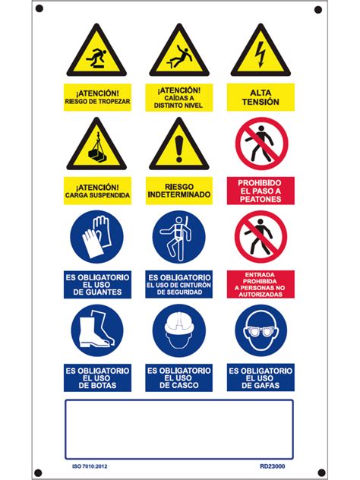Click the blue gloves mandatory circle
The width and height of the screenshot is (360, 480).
tap(96, 237)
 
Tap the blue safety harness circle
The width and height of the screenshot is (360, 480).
tap(179, 237)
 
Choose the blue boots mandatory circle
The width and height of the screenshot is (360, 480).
tap(97, 330)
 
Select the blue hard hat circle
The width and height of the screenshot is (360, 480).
tap(179, 330)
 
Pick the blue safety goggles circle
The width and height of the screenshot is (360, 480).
tap(261, 330)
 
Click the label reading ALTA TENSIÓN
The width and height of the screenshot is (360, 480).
tap(261, 97)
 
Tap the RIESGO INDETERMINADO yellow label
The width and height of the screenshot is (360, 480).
tap(179, 191)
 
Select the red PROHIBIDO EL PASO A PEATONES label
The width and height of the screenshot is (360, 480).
tap(261, 191)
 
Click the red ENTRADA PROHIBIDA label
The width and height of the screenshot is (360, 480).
tap(261, 284)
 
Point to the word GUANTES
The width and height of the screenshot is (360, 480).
tap(97, 292)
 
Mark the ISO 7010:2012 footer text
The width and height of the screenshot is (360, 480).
tap(90, 466)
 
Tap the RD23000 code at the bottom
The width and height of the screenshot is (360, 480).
tap(273, 466)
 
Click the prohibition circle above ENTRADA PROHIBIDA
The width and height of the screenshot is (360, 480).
tap(261, 237)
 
